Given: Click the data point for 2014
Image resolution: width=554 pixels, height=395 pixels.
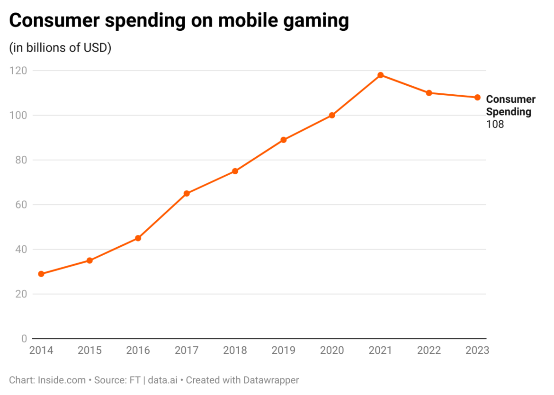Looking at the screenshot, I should pyautogui.click(x=41, y=274).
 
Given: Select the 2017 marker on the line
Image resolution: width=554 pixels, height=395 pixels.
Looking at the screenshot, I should pyautogui.click(x=187, y=193).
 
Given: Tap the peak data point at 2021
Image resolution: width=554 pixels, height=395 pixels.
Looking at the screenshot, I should pyautogui.click(x=380, y=75).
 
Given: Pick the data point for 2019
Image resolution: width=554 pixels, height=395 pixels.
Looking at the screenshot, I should pyautogui.click(x=283, y=140).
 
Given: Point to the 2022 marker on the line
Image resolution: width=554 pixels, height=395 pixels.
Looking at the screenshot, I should pyautogui.click(x=429, y=93).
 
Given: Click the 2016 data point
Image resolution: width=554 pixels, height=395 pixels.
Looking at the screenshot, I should pyautogui.click(x=138, y=238).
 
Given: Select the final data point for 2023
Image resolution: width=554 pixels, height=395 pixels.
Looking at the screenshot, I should pyautogui.click(x=477, y=98).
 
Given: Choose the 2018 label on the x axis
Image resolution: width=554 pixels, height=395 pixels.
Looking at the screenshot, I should pyautogui.click(x=235, y=351).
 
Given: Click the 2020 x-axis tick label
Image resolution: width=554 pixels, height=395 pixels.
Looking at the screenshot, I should pyautogui.click(x=332, y=351).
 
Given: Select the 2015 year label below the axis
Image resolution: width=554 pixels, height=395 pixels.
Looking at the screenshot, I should pyautogui.click(x=89, y=351).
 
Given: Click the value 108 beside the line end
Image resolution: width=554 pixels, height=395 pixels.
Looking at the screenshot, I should pyautogui.click(x=495, y=125).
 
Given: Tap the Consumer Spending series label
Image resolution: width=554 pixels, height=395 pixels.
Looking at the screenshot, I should pyautogui.click(x=510, y=106).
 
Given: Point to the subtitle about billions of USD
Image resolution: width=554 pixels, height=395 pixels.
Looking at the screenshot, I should pyautogui.click(x=60, y=48).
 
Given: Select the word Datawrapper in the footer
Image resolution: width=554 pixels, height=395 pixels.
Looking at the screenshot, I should pyautogui.click(x=271, y=380).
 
